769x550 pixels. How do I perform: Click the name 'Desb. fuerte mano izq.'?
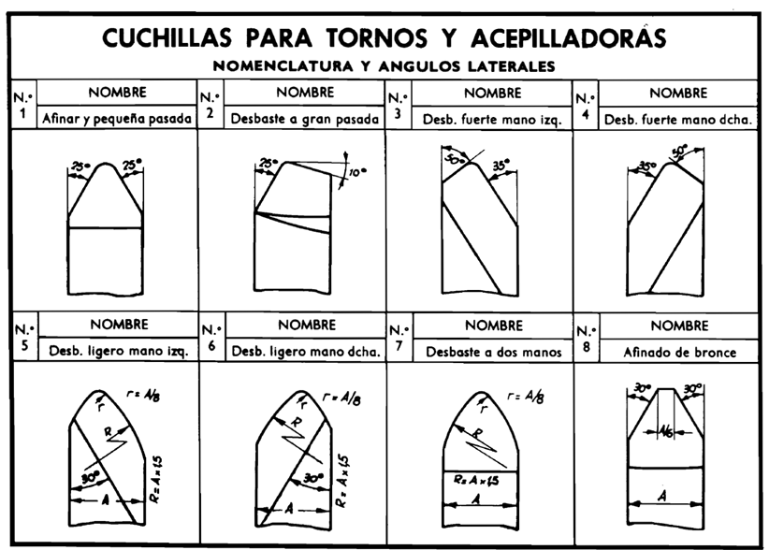[x=489, y=119]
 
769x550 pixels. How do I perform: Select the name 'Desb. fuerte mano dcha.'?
[x=678, y=119]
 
